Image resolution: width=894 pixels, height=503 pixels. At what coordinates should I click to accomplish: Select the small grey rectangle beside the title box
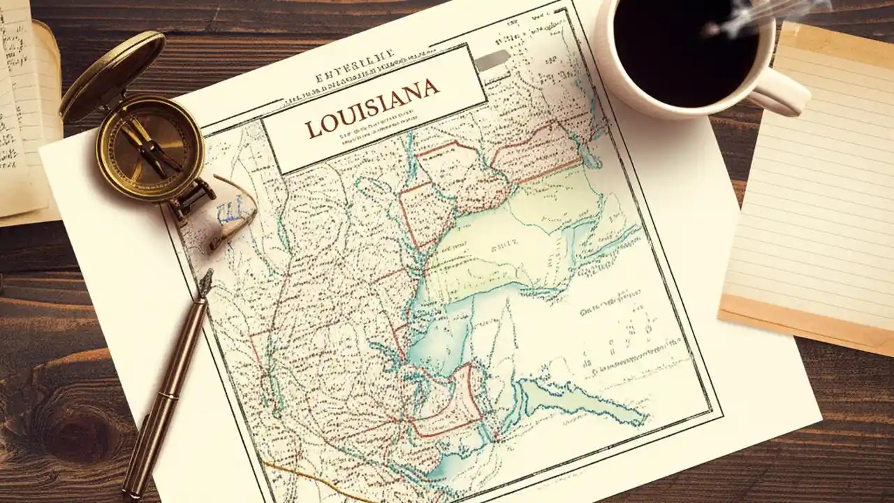click(493, 61)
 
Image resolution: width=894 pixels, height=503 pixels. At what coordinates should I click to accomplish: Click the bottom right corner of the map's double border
click(717, 412)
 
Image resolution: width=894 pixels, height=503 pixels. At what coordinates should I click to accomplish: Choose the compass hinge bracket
click(196, 192)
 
